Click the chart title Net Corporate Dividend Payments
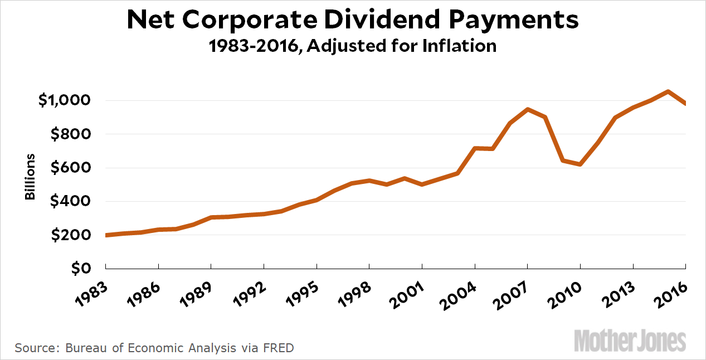353,20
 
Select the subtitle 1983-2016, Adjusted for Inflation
353,45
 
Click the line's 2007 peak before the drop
527,109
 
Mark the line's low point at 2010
580,164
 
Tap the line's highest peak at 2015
668,91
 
